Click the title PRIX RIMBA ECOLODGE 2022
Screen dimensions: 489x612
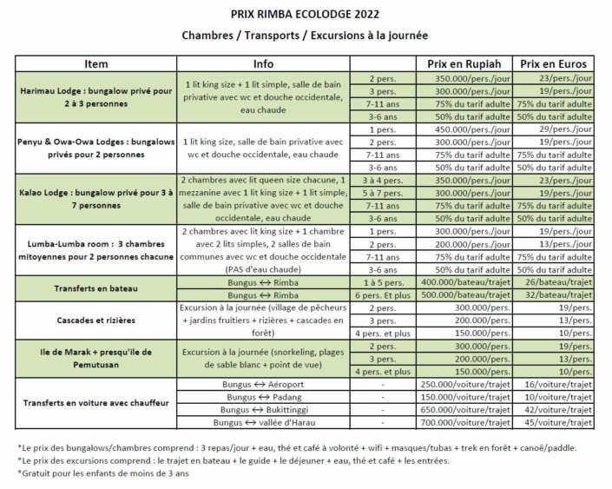(306, 14)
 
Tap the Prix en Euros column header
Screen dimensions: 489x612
(553, 64)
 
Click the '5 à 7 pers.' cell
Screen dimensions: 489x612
(383, 193)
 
